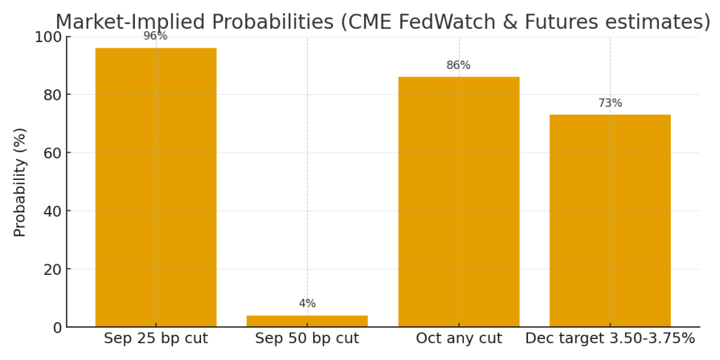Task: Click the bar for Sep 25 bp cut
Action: (155, 187)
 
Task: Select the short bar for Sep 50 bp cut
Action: (307, 321)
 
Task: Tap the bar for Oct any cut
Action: (458, 202)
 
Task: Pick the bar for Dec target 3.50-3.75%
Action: (610, 221)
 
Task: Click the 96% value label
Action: (155, 36)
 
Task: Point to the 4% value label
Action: (307, 304)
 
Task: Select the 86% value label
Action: (458, 65)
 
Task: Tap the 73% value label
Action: (610, 103)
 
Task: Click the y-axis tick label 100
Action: (48, 37)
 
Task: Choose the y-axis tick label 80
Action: (51, 95)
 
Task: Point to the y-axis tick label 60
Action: (51, 153)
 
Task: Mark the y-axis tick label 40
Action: (51, 212)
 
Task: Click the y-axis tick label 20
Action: (51, 269)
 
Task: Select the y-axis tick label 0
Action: (56, 328)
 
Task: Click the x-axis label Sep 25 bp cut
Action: (155, 339)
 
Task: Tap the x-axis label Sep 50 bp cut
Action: (307, 339)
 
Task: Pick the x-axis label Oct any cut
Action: (458, 339)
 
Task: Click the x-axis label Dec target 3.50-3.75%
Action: (610, 339)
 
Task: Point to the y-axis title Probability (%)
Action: (20, 182)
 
